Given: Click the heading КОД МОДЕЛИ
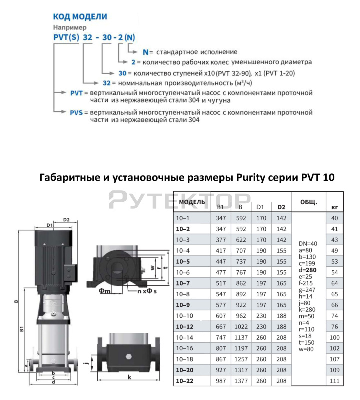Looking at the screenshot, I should pos(80,16).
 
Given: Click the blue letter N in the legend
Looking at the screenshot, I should pos(146,51).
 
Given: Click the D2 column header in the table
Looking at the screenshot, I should pos(281,207).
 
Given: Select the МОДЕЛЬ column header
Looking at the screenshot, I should pos(192,201).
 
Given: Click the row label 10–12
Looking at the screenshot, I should pos(186,326).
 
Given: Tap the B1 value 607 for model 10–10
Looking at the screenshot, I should pos(220,316).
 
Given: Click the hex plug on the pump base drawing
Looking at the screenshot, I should pos(129,358).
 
